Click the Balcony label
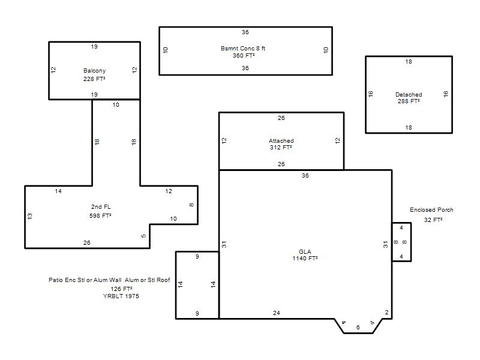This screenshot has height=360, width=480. point(94,71)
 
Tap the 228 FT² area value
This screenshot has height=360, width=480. point(94,79)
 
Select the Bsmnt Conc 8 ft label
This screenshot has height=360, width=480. point(243,49)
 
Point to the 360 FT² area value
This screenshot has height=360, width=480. point(244,56)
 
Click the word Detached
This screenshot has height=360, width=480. point(409,95)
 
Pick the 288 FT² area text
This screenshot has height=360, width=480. point(409,101)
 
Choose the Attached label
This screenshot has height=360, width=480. point(281,141)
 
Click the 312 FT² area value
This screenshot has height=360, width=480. point(281,148)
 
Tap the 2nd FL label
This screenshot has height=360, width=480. point(101,207)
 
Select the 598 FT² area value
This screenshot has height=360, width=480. point(100,216)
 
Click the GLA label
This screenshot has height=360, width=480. point(305,251)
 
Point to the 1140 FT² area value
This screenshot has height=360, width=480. point(305,259)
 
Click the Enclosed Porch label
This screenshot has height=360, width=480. point(431,210)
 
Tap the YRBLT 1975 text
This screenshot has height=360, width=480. point(121,296)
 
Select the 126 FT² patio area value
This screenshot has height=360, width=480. point(122,289)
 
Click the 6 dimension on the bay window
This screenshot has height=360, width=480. point(358,328)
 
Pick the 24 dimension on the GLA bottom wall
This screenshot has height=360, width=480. point(277,313)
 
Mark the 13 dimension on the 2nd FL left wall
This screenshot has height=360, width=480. point(29,216)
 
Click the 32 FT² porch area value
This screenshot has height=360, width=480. point(433,220)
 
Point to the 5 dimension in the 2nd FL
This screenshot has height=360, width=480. point(143,236)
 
